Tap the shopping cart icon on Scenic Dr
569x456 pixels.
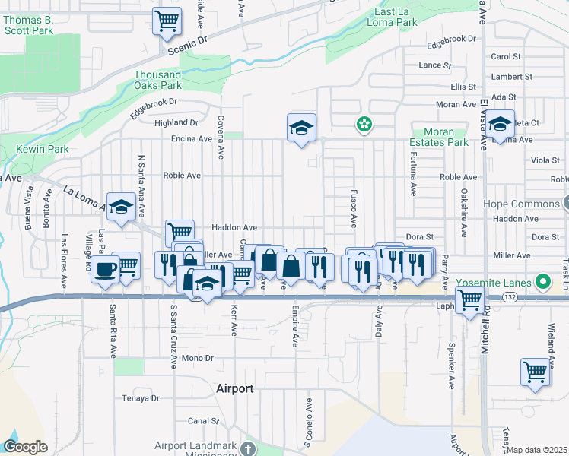(167, 21)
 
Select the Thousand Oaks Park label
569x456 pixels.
(157, 80)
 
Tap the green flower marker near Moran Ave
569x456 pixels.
(365, 124)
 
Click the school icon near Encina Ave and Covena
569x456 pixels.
(301, 127)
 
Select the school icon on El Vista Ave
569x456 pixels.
(500, 124)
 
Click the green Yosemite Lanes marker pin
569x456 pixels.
(542, 283)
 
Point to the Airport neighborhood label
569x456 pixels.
(234, 388)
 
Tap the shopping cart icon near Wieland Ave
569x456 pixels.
(535, 372)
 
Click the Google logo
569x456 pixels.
(25, 447)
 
